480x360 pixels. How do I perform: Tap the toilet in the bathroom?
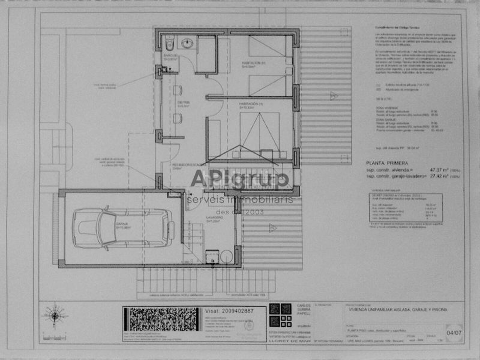point(170,44)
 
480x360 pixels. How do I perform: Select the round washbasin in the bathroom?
point(187,43)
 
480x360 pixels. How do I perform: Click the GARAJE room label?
point(123,225)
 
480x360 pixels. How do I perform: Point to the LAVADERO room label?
point(215,218)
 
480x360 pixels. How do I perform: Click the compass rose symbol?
point(55,314)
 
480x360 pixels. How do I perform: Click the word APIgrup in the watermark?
point(240,178)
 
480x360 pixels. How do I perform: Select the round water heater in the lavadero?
point(226,256)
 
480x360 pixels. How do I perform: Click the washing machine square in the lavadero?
point(211,256)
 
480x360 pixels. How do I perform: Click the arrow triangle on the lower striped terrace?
point(272,228)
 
